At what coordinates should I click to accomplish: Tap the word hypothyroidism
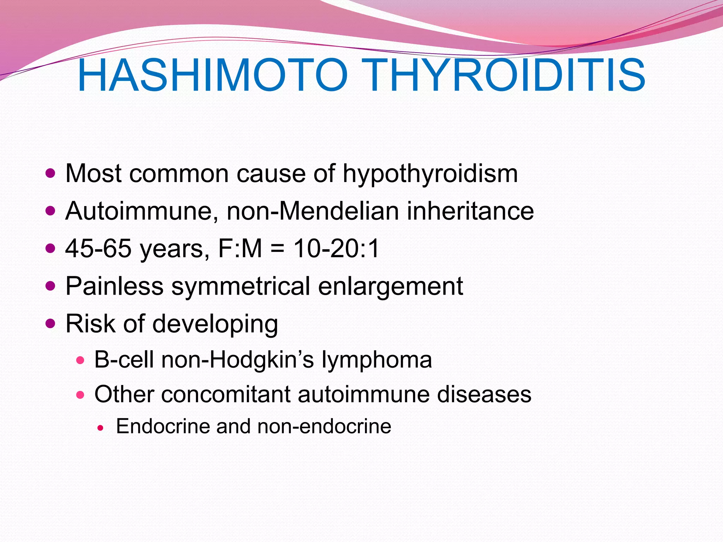point(430,174)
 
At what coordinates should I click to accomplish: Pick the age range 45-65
point(98,248)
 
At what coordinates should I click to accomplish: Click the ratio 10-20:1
point(336,248)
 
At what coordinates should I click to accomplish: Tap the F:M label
point(240,248)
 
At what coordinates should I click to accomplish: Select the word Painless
point(114,286)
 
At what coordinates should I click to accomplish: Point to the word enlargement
point(390,286)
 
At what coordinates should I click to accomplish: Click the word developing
point(215,324)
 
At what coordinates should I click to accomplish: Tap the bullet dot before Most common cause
point(51,174)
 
